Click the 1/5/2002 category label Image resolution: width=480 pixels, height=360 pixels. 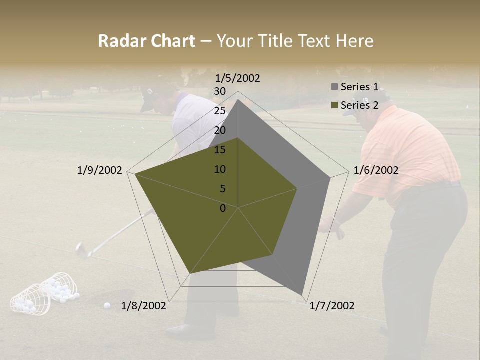[x=237, y=78]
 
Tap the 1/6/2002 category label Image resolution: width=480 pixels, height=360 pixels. [x=376, y=170]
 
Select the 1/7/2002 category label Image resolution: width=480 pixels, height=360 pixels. [x=332, y=306]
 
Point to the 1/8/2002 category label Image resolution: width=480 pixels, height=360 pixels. [x=144, y=306]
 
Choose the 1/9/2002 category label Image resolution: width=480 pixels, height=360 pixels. [x=100, y=170]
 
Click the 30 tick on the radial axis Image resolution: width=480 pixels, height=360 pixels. [x=220, y=91]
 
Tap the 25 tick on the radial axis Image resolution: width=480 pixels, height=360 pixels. [x=220, y=111]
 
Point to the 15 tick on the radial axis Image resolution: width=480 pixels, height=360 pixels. [x=220, y=150]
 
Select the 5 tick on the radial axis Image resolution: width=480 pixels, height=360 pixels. [x=222, y=189]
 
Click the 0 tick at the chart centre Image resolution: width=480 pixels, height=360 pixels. [x=223, y=208]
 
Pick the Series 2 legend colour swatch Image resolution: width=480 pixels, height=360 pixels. [x=334, y=105]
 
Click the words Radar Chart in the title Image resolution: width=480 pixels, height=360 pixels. [x=146, y=41]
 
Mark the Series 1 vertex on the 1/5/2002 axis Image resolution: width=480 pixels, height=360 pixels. [x=238, y=100]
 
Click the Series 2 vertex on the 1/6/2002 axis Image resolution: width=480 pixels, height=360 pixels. [x=297, y=188]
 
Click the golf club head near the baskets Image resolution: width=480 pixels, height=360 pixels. [x=81, y=249]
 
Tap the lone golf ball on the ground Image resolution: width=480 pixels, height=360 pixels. [x=107, y=305]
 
